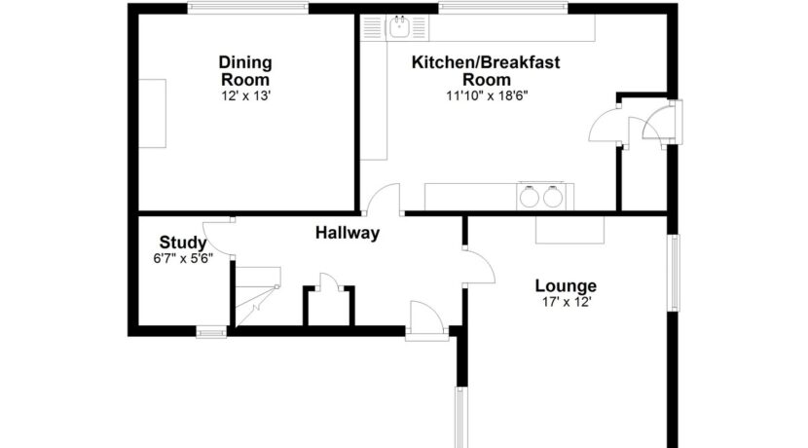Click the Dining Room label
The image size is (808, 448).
pyautogui.click(x=245, y=71)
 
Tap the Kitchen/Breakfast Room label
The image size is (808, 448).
pyautogui.click(x=486, y=71)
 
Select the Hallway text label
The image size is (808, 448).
pyautogui.click(x=348, y=233)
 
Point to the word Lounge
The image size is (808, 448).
pyautogui.click(x=566, y=285)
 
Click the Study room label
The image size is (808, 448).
pyautogui.click(x=183, y=243)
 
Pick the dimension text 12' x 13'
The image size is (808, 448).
pyautogui.click(x=245, y=95)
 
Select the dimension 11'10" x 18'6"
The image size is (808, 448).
pyautogui.click(x=487, y=95)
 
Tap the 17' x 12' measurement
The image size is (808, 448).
pyautogui.click(x=567, y=302)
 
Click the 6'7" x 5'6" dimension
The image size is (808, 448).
pyautogui.click(x=183, y=258)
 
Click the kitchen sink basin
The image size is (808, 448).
pyautogui.click(x=399, y=27)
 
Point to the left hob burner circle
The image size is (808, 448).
pyautogui.click(x=530, y=198)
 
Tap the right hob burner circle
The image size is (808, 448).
pyautogui.click(x=553, y=198)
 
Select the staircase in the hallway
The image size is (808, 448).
pyautogui.click(x=258, y=296)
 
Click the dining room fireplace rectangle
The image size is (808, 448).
pyautogui.click(x=152, y=113)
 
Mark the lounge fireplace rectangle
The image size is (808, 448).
pyautogui.click(x=569, y=230)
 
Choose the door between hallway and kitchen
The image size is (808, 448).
pyautogui.click(x=383, y=199)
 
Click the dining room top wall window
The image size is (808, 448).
pyautogui.click(x=248, y=8)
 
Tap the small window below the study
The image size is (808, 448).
pyautogui.click(x=211, y=333)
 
